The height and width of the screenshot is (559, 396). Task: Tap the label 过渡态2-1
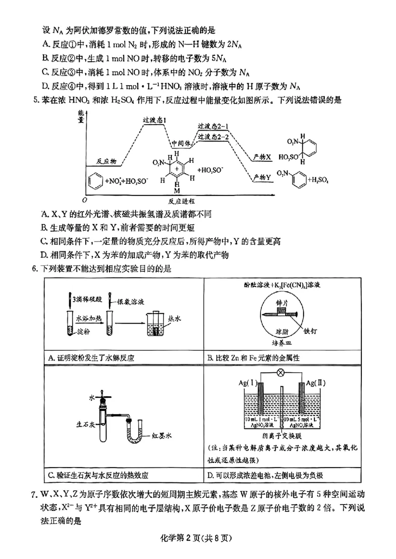pos(213,127)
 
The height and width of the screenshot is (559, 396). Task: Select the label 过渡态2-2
pos(213,136)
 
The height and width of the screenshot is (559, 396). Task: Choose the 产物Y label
pos(262,177)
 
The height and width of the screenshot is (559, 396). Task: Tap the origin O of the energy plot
pos(85,199)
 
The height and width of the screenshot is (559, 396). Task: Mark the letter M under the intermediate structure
pos(176,189)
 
